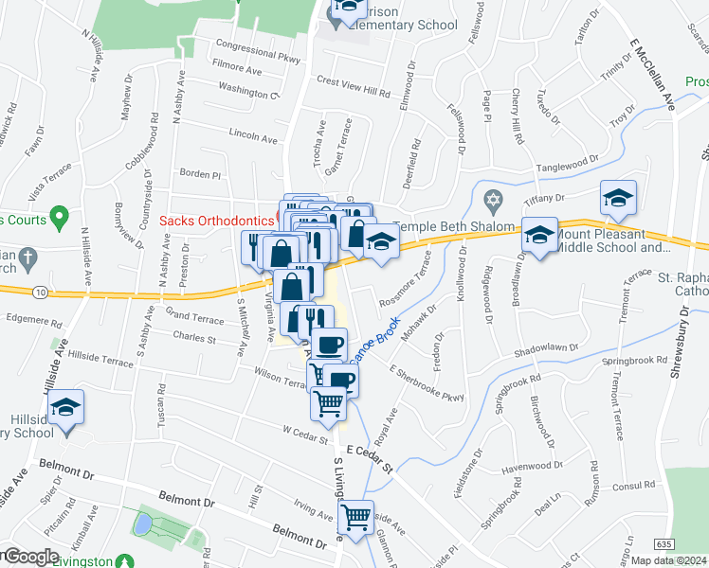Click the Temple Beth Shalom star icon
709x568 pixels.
[x=492, y=202]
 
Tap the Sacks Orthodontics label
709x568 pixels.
[x=215, y=220]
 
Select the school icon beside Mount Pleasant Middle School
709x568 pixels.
[x=539, y=235]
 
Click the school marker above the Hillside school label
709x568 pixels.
[x=65, y=408]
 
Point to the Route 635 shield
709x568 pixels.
[x=664, y=543]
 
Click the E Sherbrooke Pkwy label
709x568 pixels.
[x=426, y=383]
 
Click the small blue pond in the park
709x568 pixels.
[x=141, y=523]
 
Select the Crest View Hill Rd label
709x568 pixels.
[x=354, y=87]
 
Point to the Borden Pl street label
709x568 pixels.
[x=200, y=175]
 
